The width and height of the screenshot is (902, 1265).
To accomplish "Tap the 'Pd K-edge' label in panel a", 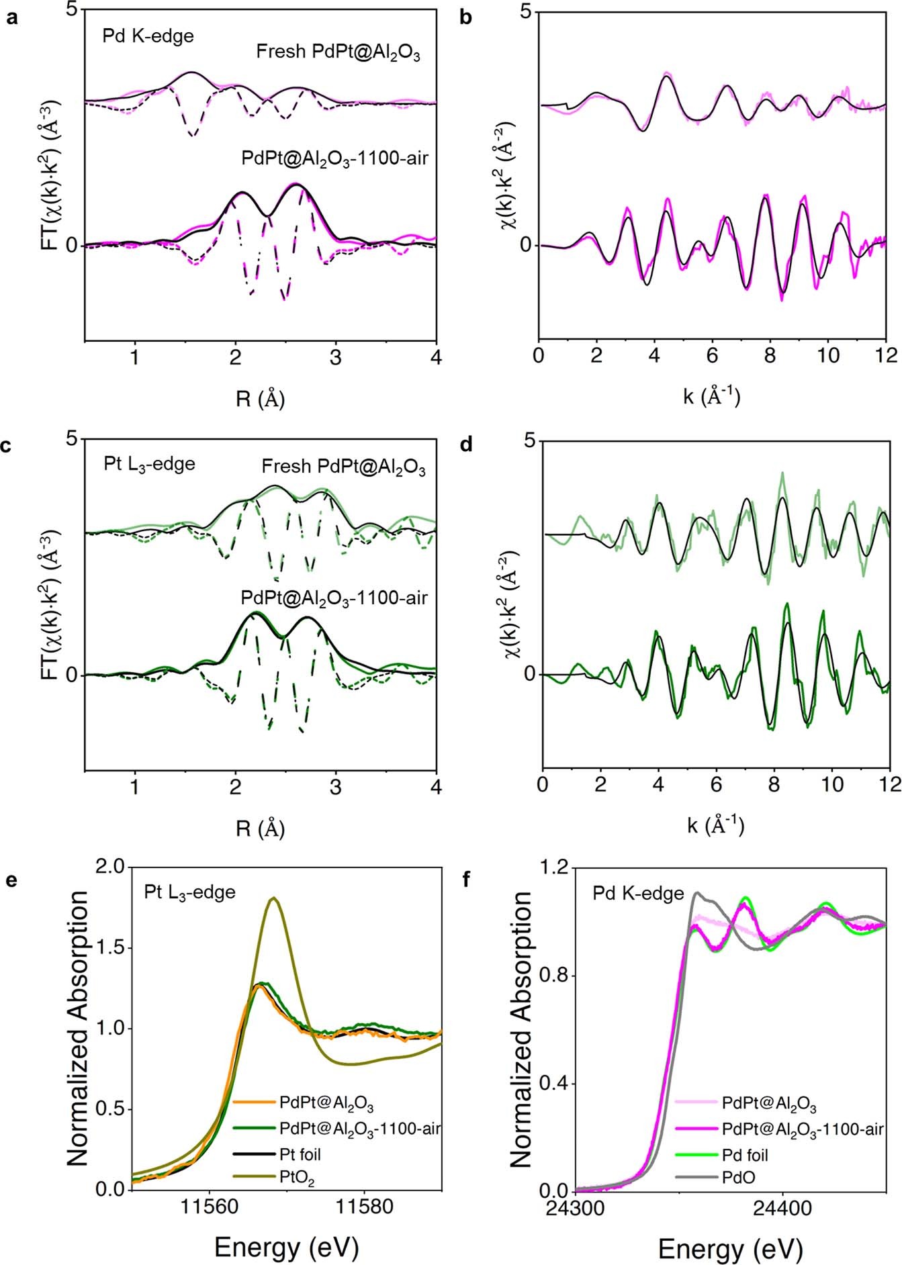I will [148, 36].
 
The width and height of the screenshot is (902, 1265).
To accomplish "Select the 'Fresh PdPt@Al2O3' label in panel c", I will [343, 467].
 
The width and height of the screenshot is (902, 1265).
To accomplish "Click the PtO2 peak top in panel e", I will [273, 898].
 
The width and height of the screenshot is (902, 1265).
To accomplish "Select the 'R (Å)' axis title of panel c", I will [260, 829].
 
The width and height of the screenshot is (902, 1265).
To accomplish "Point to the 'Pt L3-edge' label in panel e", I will [189, 892].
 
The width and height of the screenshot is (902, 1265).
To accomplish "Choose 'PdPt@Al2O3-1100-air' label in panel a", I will [334, 158].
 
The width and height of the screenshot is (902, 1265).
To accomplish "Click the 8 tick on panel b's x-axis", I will [770, 355].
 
